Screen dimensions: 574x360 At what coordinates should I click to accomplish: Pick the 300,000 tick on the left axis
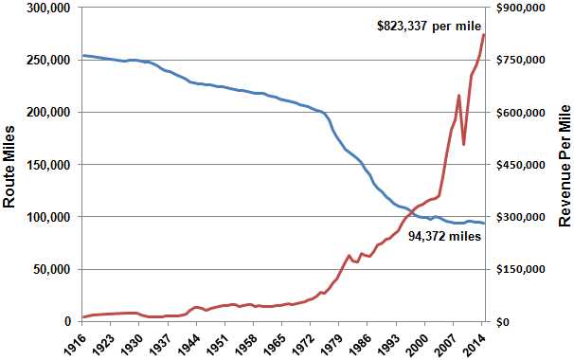48,8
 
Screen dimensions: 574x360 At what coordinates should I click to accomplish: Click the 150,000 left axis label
48,165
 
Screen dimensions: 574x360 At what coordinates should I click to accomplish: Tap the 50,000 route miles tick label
51,270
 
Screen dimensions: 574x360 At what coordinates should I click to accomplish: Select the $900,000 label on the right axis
521,8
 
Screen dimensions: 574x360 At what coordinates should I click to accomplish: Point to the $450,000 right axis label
521,165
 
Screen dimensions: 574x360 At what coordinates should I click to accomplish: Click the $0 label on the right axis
503,322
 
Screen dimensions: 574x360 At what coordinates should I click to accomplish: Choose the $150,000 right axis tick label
521,270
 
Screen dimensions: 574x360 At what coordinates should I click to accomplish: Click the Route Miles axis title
9,167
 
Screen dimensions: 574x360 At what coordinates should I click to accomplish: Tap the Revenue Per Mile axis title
565,166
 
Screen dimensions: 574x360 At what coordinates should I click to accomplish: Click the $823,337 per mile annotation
429,26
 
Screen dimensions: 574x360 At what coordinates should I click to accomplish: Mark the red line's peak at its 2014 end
484,35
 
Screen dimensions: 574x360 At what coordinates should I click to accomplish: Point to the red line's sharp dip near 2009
464,145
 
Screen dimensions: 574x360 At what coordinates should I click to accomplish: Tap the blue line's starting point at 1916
82,55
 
